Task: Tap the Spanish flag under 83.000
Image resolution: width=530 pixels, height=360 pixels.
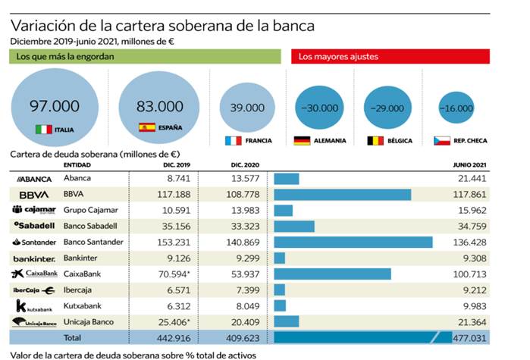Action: pyautogui.click(x=146, y=127)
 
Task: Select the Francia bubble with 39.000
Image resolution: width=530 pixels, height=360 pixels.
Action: pyautogui.click(x=246, y=108)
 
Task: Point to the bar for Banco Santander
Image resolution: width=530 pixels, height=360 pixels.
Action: pyautogui.click(x=353, y=242)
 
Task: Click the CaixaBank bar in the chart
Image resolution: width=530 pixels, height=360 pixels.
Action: pyautogui.click(x=332, y=273)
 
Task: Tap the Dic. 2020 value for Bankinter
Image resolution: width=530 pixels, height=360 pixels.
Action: pyautogui.click(x=246, y=258)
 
